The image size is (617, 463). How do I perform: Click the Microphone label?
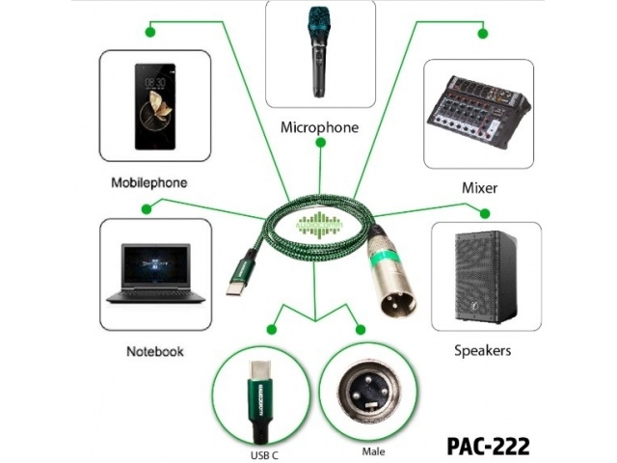point(319,126)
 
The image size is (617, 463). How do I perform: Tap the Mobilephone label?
point(148,181)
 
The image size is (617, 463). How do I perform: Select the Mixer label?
point(479,188)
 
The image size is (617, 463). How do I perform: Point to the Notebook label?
point(154,351)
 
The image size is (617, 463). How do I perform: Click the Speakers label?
point(482,351)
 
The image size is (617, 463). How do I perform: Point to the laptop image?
point(155,274)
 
